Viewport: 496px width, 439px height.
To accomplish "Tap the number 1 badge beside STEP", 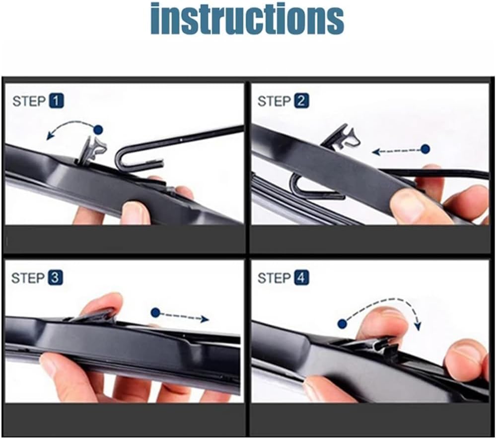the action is click(56, 101).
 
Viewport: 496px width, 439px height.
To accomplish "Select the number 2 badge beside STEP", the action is click(301, 101).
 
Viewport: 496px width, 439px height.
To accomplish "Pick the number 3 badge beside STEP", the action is click(55, 278).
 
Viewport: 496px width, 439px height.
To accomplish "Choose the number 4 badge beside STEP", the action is click(301, 278).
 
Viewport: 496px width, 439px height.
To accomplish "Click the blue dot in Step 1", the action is click(99, 130).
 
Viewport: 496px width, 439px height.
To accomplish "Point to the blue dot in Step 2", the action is click(426, 149).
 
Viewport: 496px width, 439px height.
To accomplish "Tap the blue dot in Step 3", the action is click(155, 313).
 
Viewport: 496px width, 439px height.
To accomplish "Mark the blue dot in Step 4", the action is click(342, 324).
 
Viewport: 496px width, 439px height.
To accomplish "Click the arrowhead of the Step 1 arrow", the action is click(49, 136).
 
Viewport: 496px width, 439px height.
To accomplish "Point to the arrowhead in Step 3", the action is click(205, 319).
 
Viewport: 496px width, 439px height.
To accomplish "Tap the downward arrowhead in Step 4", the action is click(418, 326).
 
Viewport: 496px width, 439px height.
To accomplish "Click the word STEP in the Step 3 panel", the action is click(28, 278).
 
